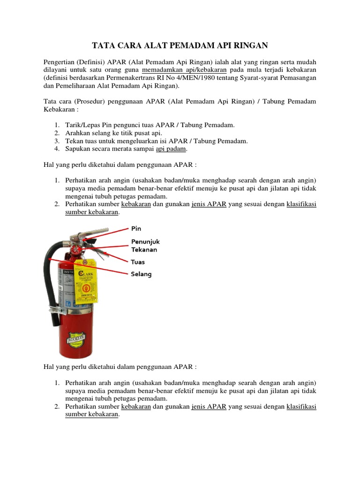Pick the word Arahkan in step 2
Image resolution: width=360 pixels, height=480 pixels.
77,133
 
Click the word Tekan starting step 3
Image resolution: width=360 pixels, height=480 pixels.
74,141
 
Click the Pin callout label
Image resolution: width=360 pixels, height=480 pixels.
136,229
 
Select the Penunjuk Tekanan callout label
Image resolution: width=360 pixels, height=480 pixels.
145,246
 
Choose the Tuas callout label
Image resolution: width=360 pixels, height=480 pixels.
138,262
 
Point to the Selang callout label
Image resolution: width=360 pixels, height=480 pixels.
141,274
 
